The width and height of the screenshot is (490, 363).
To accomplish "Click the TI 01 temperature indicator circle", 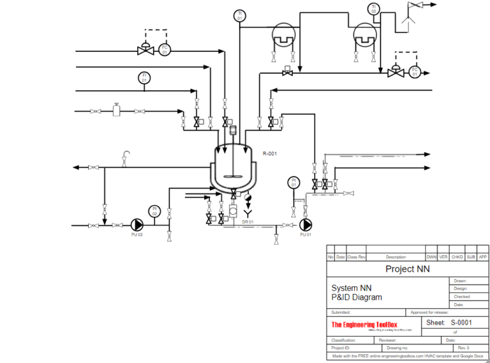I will (x=240, y=15).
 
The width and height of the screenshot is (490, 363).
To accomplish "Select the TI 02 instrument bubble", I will (x=373, y=9).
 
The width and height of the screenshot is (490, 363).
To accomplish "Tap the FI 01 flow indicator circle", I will (x=145, y=78).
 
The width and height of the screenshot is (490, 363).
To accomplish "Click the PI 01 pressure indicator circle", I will (x=293, y=181).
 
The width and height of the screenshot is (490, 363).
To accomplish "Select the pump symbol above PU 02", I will (x=137, y=224).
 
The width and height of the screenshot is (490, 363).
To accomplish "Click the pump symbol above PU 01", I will (x=306, y=225).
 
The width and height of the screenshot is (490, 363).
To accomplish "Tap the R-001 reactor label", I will (x=270, y=153).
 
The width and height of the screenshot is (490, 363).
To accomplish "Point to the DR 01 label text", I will (x=248, y=222).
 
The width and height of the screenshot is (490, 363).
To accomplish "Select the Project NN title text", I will (x=407, y=269).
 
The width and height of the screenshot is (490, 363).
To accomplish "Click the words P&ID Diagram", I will (x=357, y=297).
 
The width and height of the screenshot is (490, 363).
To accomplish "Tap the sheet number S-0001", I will (x=461, y=323).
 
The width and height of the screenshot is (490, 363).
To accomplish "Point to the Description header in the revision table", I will (x=396, y=257).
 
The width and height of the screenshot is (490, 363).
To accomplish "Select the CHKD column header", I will (x=457, y=257).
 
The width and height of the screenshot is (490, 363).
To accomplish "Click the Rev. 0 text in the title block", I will (x=463, y=348).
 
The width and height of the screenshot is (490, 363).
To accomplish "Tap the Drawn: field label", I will (x=461, y=281).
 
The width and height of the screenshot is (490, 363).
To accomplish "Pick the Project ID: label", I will (x=341, y=348).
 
